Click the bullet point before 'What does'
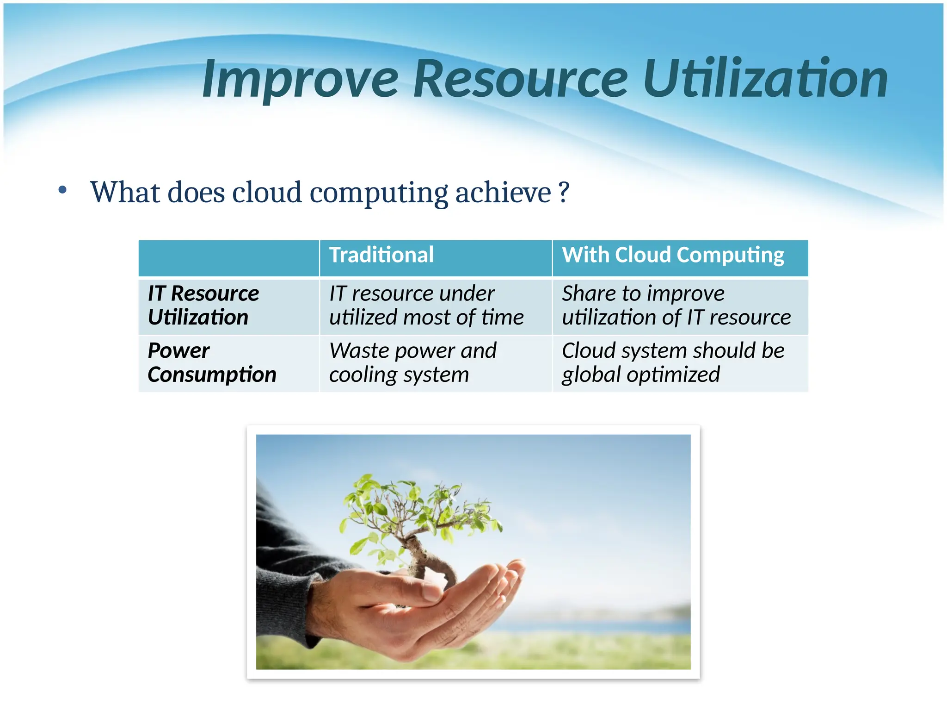(x=62, y=190)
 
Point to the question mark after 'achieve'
(x=563, y=192)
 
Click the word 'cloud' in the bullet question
(x=267, y=192)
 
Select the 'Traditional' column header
(x=381, y=255)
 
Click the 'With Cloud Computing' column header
(x=673, y=255)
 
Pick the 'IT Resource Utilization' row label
(x=203, y=306)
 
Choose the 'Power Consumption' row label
(x=211, y=362)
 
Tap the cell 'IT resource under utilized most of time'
(x=426, y=306)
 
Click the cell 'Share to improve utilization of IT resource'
(x=676, y=306)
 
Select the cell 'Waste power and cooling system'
(x=412, y=362)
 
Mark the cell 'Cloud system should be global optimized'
(x=673, y=362)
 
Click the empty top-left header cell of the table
(x=229, y=258)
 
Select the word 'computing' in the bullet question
(x=379, y=193)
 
